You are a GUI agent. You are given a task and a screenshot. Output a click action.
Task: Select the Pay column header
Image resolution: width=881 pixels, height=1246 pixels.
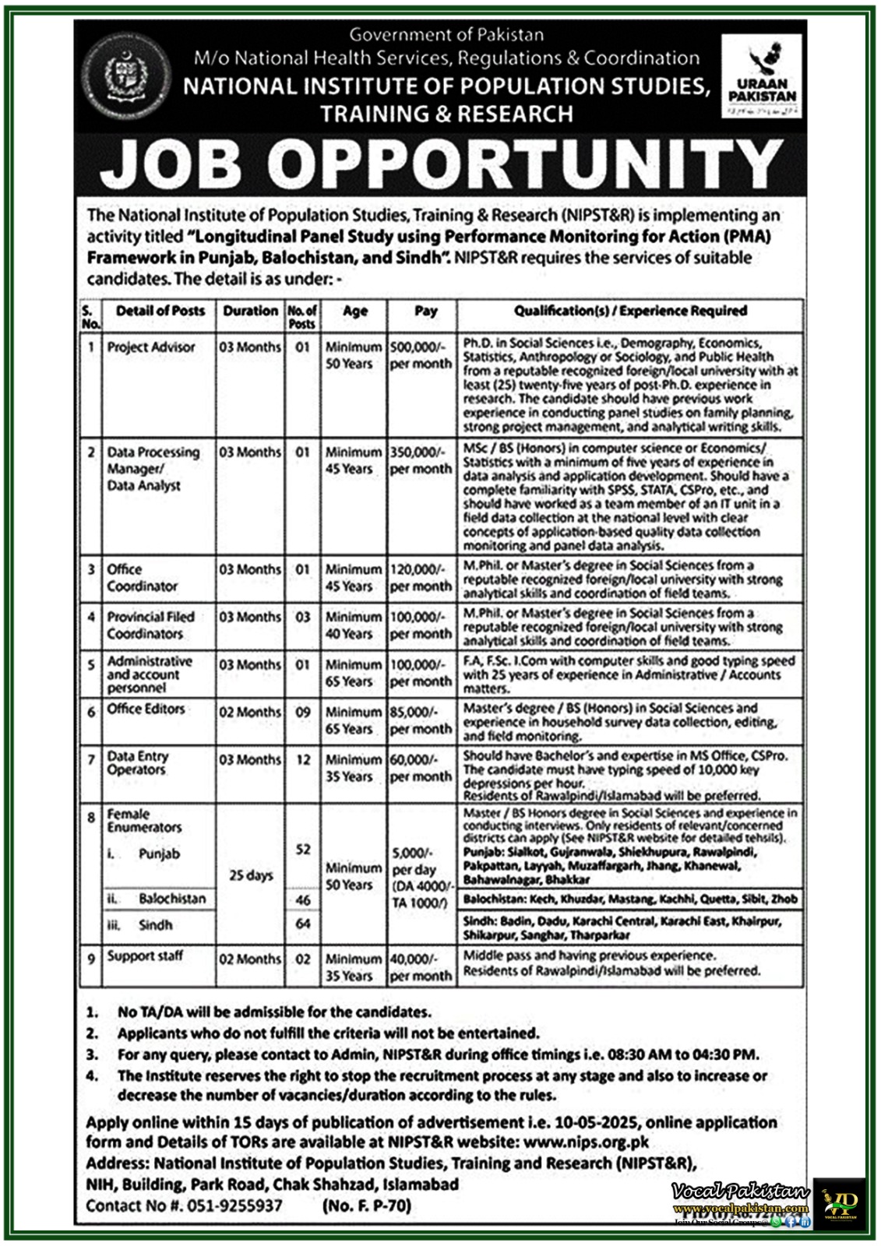(x=425, y=311)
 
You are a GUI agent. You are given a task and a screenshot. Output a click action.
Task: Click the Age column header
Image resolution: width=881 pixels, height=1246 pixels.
(x=354, y=311)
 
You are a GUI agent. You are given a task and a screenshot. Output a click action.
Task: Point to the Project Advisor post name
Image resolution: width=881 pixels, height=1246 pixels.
(x=151, y=347)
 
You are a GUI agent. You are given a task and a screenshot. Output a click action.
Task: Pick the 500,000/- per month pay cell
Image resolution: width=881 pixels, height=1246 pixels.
(x=421, y=355)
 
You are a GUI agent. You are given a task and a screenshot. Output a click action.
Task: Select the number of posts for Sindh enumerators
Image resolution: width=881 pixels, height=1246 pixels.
(x=303, y=924)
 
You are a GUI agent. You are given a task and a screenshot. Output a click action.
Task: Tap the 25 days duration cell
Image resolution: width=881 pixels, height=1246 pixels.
(x=250, y=875)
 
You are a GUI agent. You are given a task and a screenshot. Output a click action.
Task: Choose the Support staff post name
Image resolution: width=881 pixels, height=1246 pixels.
(x=145, y=956)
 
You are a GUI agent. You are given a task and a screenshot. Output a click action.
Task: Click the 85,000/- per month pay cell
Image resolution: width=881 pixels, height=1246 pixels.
(x=421, y=720)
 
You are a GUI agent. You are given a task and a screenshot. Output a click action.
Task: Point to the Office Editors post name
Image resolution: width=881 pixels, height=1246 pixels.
(x=146, y=709)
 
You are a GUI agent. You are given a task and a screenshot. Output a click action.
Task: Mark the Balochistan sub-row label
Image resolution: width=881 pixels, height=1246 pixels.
(x=172, y=899)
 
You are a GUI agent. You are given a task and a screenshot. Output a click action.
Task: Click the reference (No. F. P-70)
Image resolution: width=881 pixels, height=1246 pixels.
(x=365, y=1206)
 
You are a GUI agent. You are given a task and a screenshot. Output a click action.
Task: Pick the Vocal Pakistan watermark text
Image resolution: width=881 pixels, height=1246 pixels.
(x=740, y=1191)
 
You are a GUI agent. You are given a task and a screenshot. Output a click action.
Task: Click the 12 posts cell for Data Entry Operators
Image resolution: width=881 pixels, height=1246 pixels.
(x=303, y=759)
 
